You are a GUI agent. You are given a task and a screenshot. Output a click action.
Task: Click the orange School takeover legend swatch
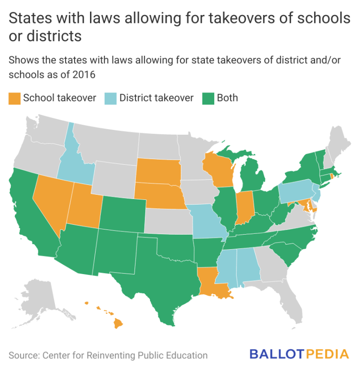coord(15,98)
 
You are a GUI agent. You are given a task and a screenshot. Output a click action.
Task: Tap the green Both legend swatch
coord(208,98)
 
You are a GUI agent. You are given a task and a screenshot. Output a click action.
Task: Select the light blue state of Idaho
coord(75,160)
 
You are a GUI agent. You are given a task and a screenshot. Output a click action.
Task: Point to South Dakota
coord(158,171)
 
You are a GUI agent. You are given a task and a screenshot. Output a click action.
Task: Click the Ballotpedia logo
coord(299,354)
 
